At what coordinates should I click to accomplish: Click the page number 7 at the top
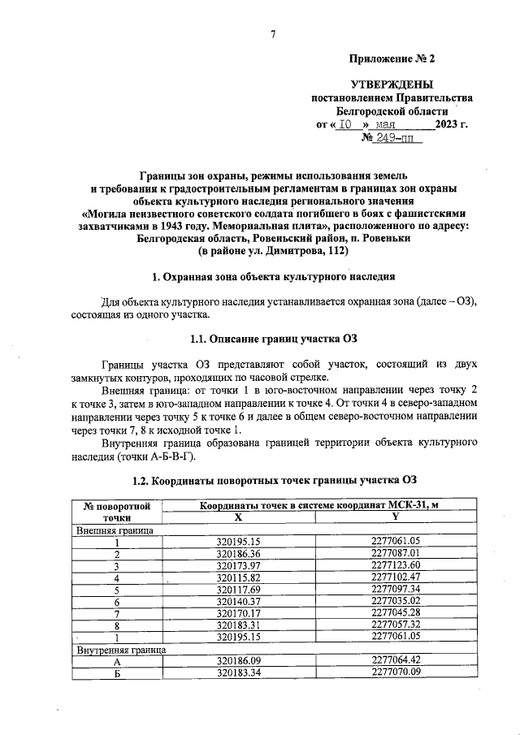tap(274, 33)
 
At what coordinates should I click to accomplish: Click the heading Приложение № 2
tap(392, 59)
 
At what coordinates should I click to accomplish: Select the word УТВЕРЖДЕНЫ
tap(392, 84)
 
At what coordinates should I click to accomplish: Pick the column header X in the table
tap(238, 517)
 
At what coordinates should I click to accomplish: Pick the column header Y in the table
tap(395, 517)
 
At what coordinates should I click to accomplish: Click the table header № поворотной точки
tap(117, 512)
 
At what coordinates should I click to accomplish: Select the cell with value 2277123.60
tap(395, 565)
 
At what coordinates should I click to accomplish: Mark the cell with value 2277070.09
tap(395, 673)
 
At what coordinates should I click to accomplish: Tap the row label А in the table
tap(117, 663)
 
